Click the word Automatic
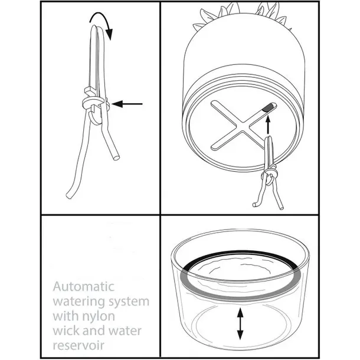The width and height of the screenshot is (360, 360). (x=84, y=287)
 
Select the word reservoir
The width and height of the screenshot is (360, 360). (x=78, y=345)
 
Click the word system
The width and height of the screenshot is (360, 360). (x=129, y=302)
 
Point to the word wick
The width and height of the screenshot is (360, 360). (x=66, y=330)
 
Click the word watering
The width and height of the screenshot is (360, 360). (x=79, y=302)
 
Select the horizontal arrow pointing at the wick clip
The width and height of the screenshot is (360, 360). (x=127, y=104)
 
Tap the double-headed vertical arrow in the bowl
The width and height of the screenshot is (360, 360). (x=240, y=324)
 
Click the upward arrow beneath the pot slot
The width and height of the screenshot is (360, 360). (x=268, y=125)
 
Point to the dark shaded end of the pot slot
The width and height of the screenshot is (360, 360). (x=267, y=107)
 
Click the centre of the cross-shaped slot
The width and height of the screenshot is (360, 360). (x=243, y=126)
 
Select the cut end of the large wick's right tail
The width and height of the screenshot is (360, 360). (x=116, y=158)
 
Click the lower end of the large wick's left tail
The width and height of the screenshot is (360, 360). (x=69, y=195)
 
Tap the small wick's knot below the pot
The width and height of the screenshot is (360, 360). (x=269, y=175)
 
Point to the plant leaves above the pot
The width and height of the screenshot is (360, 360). (x=241, y=15)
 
